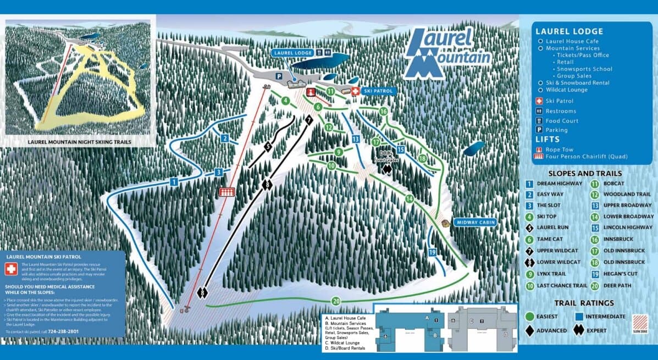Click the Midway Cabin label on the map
coord(475,223)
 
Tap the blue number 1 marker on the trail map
coord(174,181)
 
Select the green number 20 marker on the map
coord(335,301)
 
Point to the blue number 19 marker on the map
coord(432,252)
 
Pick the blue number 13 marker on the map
coord(356,139)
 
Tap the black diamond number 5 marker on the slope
coord(268,146)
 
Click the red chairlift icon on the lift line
coord(226,191)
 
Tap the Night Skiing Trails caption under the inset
coord(80,141)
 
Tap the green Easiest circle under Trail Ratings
coord(530,316)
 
